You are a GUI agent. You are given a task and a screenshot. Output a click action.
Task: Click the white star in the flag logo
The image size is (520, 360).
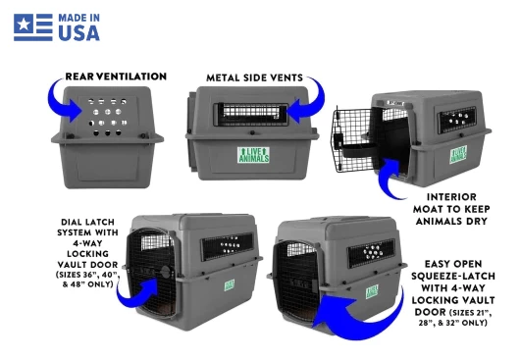point(24,25)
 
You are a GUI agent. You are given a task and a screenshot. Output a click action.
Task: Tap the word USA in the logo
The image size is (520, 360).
point(78,33)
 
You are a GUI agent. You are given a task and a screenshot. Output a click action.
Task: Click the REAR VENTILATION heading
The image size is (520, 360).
point(116,77)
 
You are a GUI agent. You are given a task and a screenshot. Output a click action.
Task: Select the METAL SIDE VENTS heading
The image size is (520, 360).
point(254,77)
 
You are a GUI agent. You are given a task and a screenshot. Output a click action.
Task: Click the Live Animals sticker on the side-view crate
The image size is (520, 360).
point(254,155)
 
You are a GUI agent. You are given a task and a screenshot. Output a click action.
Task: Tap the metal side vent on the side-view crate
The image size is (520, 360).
point(251,115)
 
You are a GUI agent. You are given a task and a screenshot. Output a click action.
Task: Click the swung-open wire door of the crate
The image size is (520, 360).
point(351,140)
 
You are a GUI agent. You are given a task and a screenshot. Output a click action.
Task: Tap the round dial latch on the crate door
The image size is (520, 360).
point(166,272)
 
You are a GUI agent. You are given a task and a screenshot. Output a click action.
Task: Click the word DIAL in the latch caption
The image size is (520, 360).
point(72,222)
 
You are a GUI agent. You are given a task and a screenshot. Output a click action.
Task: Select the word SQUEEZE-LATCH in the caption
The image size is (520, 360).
point(453,277)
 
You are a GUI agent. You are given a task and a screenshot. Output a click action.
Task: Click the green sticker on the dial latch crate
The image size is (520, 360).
point(230,285)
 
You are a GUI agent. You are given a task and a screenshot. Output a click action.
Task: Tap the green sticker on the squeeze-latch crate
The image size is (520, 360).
point(372,291)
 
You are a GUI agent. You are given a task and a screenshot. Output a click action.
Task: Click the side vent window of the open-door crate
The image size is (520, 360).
point(456,120)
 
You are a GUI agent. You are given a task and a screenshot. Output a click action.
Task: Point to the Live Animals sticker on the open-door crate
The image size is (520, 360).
point(458,154)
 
